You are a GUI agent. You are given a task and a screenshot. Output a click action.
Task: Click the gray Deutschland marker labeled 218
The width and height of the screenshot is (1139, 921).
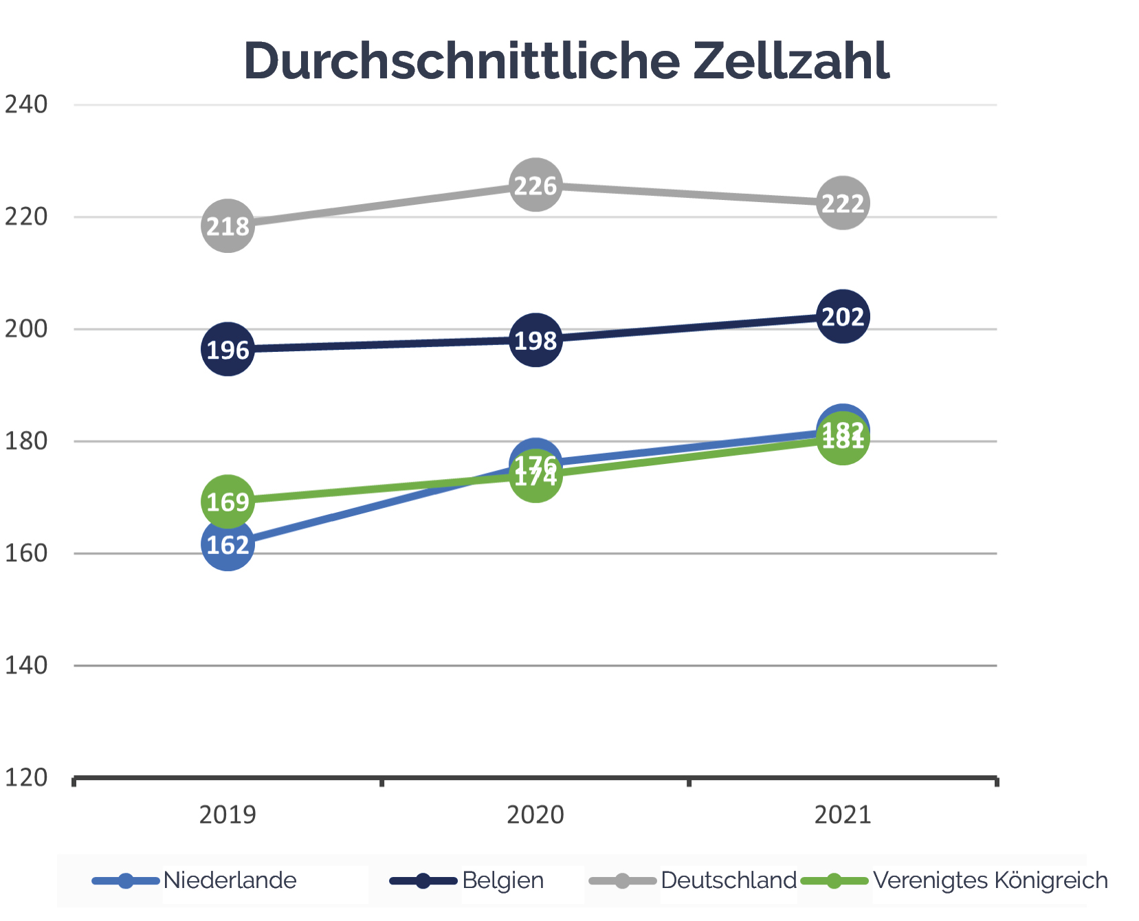[228, 225]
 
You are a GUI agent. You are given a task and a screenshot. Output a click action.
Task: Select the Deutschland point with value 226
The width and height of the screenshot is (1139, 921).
[535, 185]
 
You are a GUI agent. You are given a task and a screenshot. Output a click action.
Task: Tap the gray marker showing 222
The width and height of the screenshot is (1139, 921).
[843, 203]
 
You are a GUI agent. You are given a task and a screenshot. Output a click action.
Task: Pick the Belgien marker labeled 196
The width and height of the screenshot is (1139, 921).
[228, 349]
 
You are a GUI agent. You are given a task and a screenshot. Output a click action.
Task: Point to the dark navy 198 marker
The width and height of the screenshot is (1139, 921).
[535, 340]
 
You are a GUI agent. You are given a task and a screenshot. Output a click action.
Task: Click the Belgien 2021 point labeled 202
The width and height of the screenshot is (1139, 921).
[843, 316]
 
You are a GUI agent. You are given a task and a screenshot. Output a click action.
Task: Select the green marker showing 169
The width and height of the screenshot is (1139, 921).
[228, 501]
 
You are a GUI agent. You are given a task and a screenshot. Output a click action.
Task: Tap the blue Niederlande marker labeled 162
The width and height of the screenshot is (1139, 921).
[228, 544]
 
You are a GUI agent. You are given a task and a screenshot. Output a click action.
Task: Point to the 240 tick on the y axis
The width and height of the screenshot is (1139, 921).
[26, 104]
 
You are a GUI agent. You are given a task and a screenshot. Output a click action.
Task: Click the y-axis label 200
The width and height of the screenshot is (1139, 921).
[26, 329]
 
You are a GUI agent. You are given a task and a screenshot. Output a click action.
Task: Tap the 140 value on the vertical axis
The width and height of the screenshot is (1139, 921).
[26, 665]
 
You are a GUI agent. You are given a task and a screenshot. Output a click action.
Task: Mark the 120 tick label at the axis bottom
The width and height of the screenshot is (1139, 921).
[26, 777]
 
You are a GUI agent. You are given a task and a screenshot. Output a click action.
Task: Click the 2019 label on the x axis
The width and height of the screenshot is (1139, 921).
[228, 814]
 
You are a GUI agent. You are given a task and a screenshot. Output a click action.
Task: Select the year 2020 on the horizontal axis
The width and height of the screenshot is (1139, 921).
[535, 814]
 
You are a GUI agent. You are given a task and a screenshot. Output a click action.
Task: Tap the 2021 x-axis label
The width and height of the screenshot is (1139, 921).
[843, 814]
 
